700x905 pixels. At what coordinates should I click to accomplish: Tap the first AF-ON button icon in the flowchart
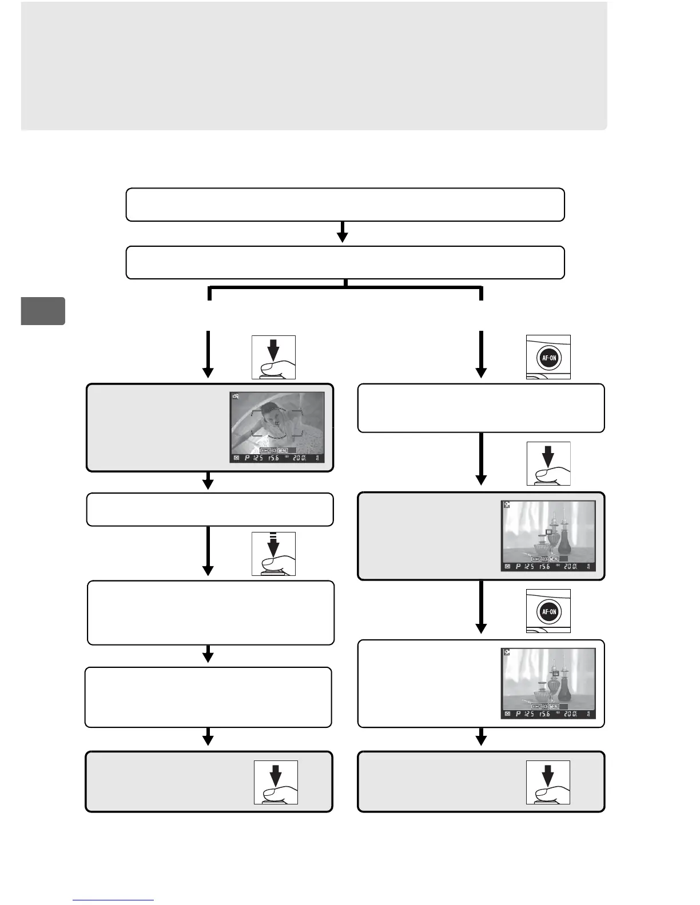[548, 358]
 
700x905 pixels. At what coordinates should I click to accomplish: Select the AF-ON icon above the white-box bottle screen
[548, 611]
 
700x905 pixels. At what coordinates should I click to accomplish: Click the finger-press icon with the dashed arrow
[273, 554]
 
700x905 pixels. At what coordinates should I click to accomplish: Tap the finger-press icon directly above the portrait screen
[273, 357]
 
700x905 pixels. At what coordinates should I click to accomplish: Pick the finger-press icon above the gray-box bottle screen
[548, 463]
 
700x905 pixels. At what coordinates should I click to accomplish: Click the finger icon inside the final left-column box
[276, 782]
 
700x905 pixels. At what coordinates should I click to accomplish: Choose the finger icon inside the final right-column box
[548, 782]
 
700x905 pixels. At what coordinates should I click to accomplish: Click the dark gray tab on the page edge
[43, 311]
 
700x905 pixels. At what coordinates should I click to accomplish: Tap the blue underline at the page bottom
[113, 900]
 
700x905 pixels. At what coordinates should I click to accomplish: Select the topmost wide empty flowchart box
[345, 204]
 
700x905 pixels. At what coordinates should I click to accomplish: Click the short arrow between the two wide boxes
[343, 232]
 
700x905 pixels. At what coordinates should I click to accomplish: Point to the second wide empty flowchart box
[345, 262]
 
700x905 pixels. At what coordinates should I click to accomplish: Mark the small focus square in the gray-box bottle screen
[548, 531]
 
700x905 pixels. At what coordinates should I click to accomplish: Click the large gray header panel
[313, 65]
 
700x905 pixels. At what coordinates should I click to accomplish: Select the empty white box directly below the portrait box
[209, 509]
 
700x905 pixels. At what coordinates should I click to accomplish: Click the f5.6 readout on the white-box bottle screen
[544, 714]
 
